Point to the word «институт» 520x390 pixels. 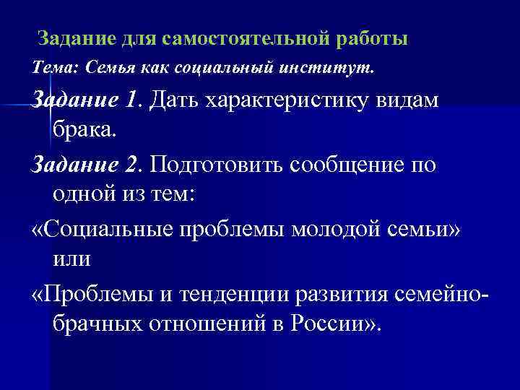(x=334, y=68)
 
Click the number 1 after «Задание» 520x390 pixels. (x=130, y=102)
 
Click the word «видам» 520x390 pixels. (x=412, y=102)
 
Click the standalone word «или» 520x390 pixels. (x=71, y=256)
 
